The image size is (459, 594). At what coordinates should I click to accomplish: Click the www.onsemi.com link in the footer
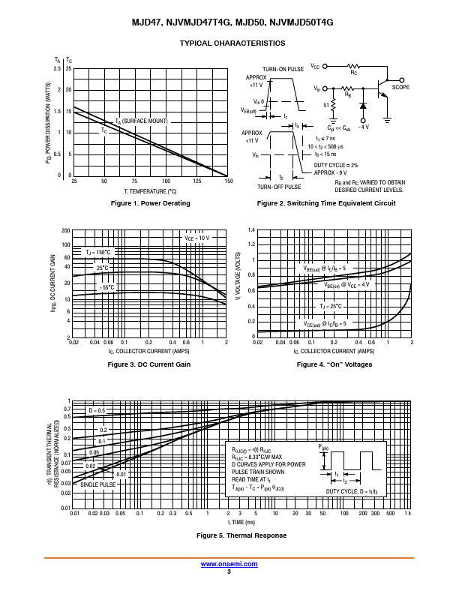coord(229,564)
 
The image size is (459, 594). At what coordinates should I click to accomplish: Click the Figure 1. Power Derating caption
coord(151,203)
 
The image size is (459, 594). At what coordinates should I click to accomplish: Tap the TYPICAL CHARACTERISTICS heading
coord(232,43)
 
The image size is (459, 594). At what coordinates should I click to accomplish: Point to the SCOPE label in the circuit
coord(400,88)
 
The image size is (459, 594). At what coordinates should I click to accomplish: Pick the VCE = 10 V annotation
coord(198,238)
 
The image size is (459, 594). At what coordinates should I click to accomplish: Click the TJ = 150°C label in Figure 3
coord(97,252)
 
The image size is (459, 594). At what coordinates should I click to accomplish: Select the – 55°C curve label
coord(106,287)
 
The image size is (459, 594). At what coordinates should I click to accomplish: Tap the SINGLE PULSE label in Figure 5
coord(98,485)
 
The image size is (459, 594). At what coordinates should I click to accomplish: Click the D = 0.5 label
coord(97,411)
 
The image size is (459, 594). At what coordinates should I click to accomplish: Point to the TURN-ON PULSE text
coord(283,69)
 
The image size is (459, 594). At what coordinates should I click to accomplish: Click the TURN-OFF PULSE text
coord(279,187)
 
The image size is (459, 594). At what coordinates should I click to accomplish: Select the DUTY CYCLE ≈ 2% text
coord(335,165)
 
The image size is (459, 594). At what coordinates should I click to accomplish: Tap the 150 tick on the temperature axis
coord(229,181)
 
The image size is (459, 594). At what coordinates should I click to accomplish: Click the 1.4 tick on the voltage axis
coord(252,230)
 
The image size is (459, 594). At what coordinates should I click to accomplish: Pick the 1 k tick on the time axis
coord(408,514)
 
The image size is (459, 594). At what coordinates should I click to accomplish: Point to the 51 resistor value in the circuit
coord(326,105)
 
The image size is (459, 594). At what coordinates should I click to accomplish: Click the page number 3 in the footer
coord(229,571)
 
